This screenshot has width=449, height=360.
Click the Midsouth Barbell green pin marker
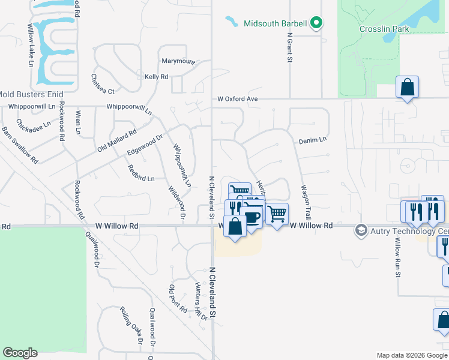[x=316, y=24]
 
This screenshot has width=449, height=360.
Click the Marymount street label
[x=178, y=61]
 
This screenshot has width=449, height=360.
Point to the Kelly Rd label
[x=156, y=77]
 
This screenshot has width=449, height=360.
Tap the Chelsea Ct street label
[x=102, y=84]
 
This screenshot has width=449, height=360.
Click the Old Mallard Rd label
[x=117, y=140]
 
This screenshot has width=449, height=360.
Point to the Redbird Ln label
[x=141, y=173]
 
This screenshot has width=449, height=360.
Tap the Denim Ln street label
[x=312, y=140]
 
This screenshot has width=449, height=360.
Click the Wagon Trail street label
[x=307, y=202]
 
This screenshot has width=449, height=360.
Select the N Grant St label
[x=289, y=47]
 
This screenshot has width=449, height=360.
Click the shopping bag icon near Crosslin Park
[x=407, y=88]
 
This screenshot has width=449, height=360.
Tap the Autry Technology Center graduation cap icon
[x=361, y=230]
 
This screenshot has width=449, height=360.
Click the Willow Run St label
[x=397, y=257]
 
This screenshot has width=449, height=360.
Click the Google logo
[x=20, y=353]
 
